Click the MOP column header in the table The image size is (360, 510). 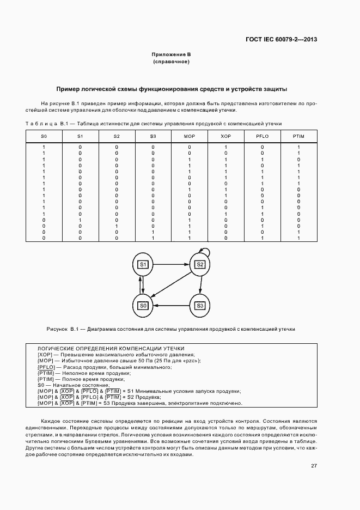pyautogui.click(x=189, y=136)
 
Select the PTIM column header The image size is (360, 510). pyautogui.click(x=298, y=136)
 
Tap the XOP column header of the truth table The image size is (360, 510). pyautogui.click(x=225, y=136)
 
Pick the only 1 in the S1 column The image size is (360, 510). pyautogui.click(x=80, y=220)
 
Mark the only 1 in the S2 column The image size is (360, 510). pyautogui.click(x=116, y=226)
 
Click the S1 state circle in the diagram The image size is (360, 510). pyautogui.click(x=143, y=265)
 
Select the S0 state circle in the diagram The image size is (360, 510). pyautogui.click(x=143, y=306)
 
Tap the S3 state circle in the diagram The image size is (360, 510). pyautogui.click(x=200, y=306)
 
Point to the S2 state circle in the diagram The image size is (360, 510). pyautogui.click(x=200, y=265)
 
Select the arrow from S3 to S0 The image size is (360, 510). pyautogui.click(x=171, y=306)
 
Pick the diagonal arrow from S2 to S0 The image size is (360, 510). pyautogui.click(x=172, y=286)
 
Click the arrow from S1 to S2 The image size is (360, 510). pyautogui.click(x=171, y=264)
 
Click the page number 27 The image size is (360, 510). pyautogui.click(x=314, y=465)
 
